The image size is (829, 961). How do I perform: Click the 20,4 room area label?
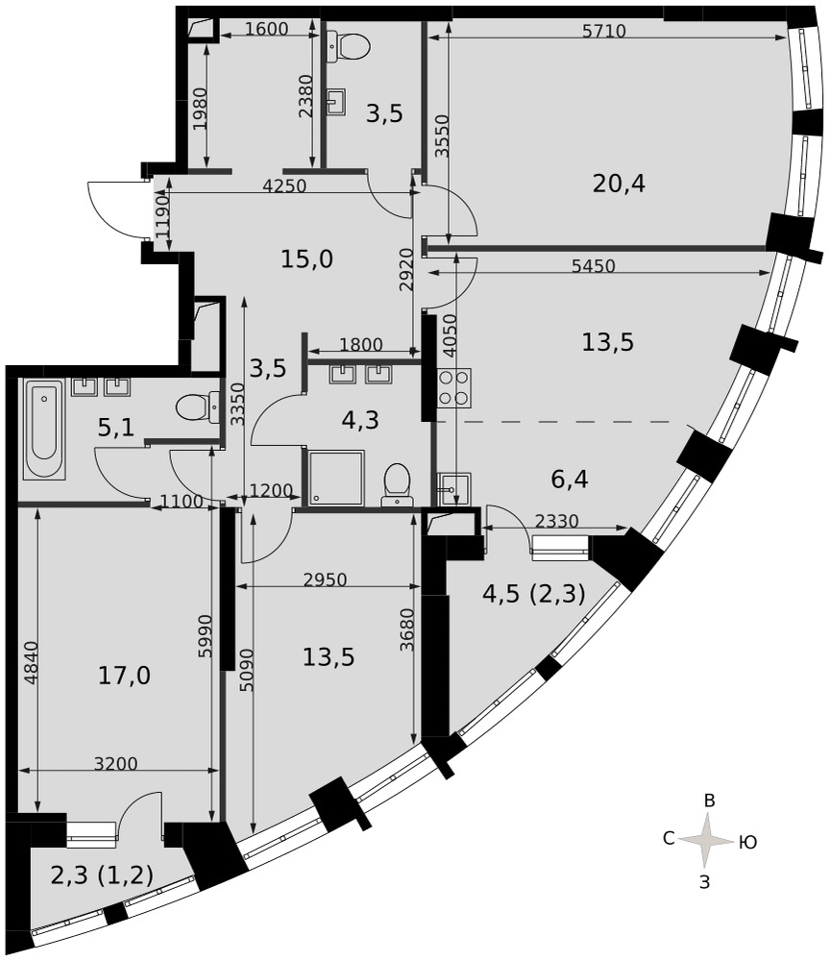pyautogui.click(x=619, y=184)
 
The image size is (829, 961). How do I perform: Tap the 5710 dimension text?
pyautogui.click(x=604, y=31)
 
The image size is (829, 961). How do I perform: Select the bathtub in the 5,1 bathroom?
pyautogui.click(x=43, y=429)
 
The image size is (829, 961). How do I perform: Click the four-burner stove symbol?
pyautogui.click(x=454, y=388)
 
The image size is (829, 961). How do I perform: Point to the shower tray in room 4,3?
pyautogui.click(x=336, y=478)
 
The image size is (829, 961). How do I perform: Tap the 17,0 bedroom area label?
pyautogui.click(x=124, y=676)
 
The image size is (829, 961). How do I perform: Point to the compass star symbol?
pyautogui.click(x=708, y=840)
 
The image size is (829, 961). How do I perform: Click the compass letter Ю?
pyautogui.click(x=747, y=843)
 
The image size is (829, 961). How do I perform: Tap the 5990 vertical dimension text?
pyautogui.click(x=206, y=636)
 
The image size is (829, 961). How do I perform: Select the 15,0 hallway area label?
pyautogui.click(x=307, y=259)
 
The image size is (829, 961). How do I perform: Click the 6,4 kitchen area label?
pyautogui.click(x=570, y=479)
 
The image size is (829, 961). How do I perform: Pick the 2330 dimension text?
pyautogui.click(x=556, y=521)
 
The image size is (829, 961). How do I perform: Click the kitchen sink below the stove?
pyautogui.click(x=454, y=489)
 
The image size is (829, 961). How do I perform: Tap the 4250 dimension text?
pyautogui.click(x=284, y=185)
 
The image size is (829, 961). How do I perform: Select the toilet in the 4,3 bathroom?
pyautogui.click(x=397, y=484)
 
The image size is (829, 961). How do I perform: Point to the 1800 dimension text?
pyautogui.click(x=361, y=344)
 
